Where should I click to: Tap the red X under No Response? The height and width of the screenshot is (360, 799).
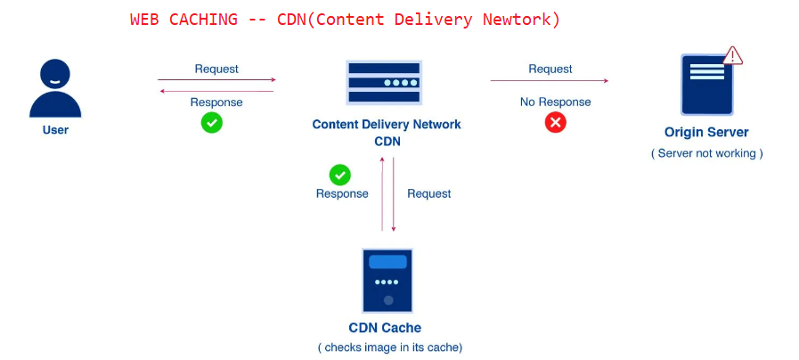[x=555, y=123]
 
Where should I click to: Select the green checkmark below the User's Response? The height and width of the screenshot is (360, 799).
[x=211, y=123]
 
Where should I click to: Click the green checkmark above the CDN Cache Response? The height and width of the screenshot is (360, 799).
[x=339, y=175]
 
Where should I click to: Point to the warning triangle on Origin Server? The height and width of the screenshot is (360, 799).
[x=732, y=55]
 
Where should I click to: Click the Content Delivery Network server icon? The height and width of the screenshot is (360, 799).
[x=384, y=83]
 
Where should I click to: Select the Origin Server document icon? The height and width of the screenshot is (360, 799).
[x=707, y=85]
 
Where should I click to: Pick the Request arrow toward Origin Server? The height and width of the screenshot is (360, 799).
[x=549, y=81]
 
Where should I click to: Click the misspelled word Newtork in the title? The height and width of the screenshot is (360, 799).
[x=523, y=20]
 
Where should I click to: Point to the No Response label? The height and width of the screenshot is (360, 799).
[x=555, y=102]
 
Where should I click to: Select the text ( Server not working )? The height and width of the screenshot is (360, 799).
[x=706, y=153]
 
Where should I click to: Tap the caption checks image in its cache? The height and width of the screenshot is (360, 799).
[x=389, y=348]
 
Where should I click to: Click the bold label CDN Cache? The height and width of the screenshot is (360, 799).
[x=385, y=328]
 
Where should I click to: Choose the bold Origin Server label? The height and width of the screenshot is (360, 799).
[x=706, y=133]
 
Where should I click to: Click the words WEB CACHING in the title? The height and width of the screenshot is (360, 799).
[x=183, y=20]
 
